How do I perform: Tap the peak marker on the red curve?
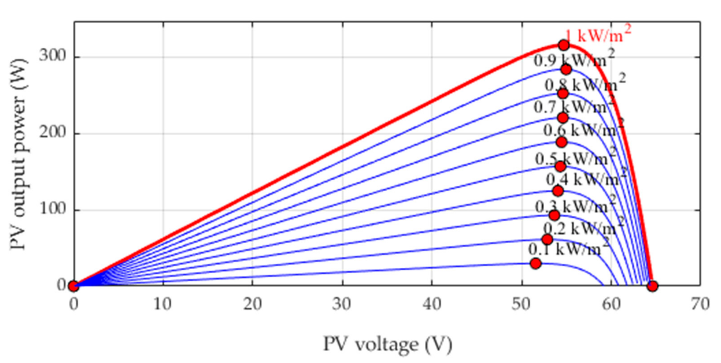point(564,45)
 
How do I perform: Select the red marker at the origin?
point(73,286)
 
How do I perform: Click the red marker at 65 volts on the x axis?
point(652,286)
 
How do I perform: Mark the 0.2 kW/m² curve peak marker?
point(547,239)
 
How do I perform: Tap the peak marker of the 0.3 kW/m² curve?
point(554,215)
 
